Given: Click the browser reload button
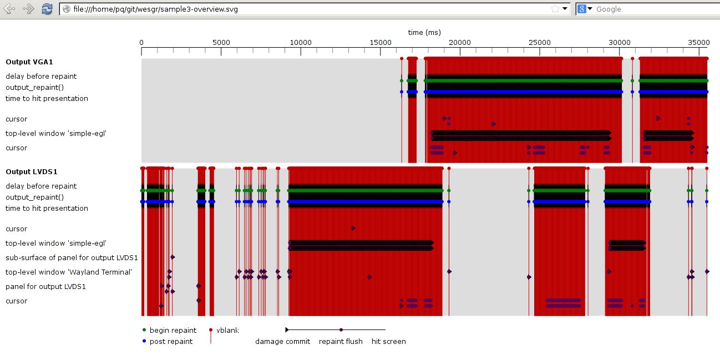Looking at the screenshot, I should click(x=47, y=9).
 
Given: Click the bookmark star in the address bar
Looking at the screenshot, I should click(x=555, y=9).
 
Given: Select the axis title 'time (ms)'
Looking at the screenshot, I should click(x=424, y=32).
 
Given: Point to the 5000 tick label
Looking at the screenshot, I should click(x=221, y=43).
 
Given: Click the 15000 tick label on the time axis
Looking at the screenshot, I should click(x=380, y=43).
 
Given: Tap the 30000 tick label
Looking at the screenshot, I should click(x=620, y=43).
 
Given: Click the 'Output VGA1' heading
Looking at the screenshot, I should click(x=29, y=62).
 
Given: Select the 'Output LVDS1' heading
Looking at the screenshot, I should click(x=32, y=172).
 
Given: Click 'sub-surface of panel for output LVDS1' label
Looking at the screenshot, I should click(x=72, y=258).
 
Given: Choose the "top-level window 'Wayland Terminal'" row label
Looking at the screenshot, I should click(x=68, y=272).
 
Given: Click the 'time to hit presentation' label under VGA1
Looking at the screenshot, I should click(x=47, y=99).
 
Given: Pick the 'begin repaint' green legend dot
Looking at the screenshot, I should click(x=145, y=330).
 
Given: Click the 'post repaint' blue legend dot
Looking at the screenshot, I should click(x=145, y=341).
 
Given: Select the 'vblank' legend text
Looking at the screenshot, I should click(x=227, y=330).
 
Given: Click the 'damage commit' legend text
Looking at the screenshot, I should click(x=282, y=342).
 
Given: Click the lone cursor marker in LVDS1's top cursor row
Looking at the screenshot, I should click(x=353, y=228).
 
